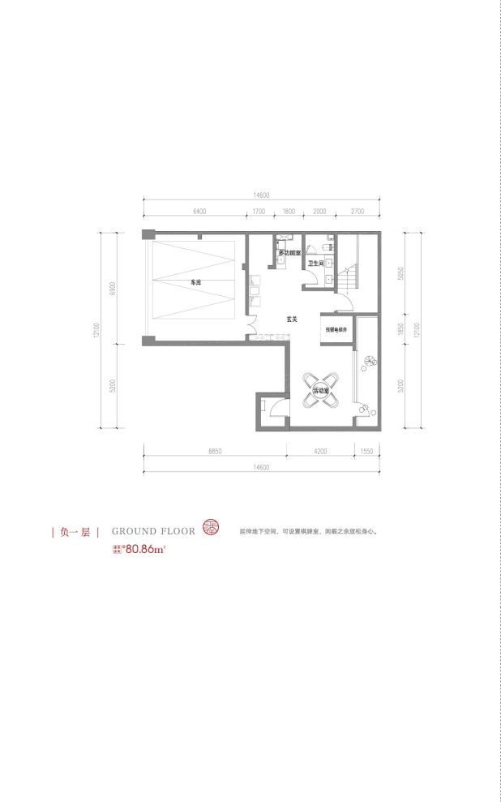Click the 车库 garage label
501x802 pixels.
[195, 282]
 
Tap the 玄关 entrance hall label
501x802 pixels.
[293, 320]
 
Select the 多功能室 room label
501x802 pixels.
[289, 254]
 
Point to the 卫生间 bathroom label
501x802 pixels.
[316, 264]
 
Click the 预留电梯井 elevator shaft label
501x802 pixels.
[336, 330]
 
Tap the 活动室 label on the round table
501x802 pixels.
[322, 391]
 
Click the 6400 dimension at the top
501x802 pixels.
[200, 211]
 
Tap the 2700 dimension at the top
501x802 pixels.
[358, 211]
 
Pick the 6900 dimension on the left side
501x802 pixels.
[116, 287]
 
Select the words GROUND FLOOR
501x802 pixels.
[153, 532]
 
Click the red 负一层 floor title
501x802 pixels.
[74, 532]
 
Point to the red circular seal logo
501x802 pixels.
[210, 529]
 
